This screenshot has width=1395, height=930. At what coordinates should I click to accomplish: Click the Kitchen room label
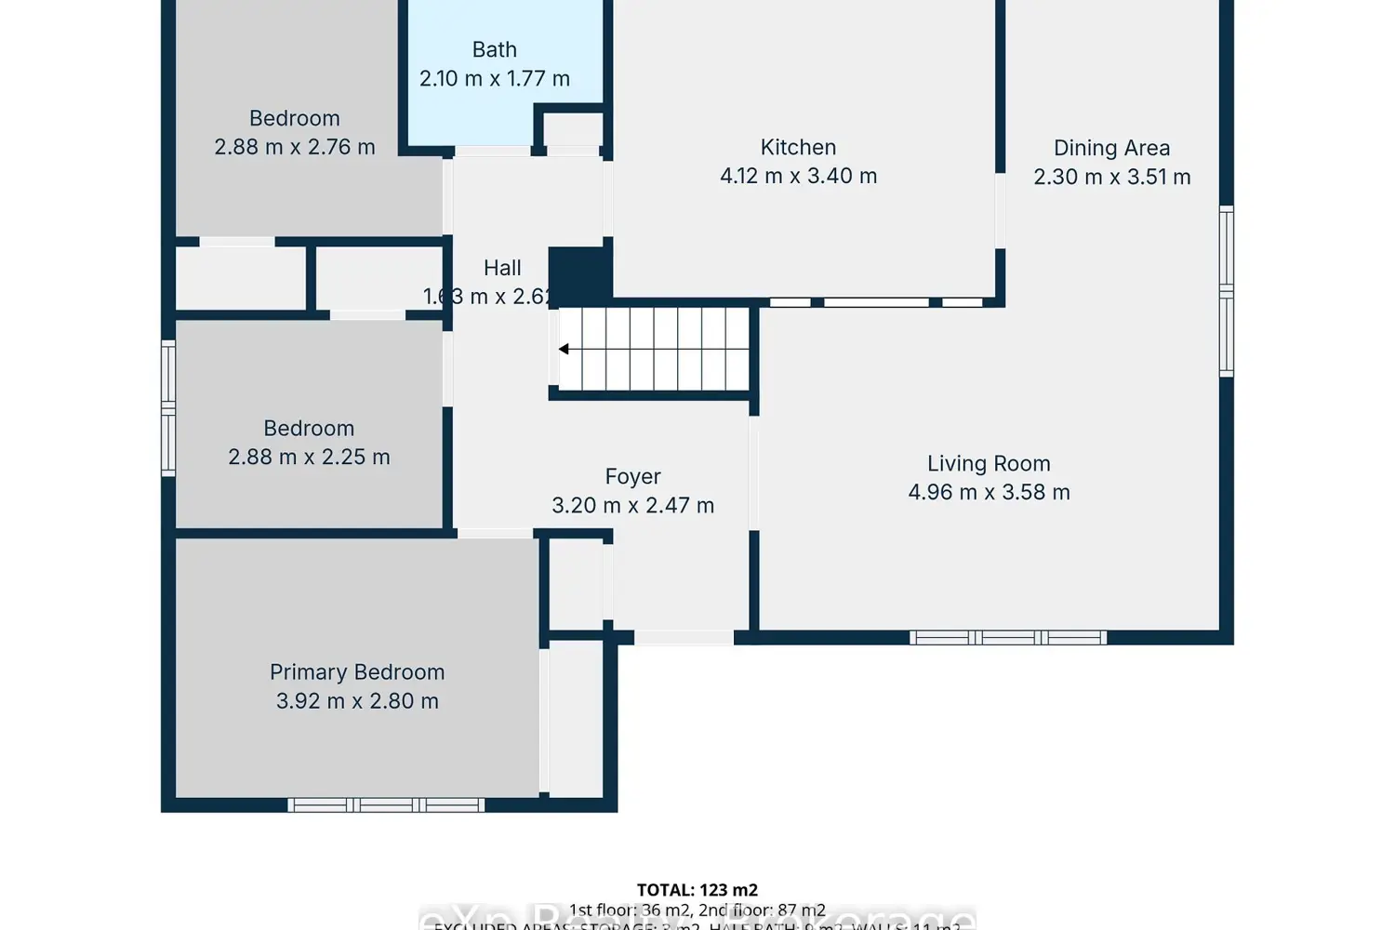click(x=798, y=147)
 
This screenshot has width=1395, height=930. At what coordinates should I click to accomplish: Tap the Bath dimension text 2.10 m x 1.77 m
click(x=494, y=79)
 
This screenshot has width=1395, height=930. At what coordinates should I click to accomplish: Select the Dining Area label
click(x=1111, y=148)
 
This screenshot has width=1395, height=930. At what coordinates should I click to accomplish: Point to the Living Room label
click(x=989, y=463)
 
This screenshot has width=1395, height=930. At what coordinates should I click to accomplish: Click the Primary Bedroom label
click(x=357, y=671)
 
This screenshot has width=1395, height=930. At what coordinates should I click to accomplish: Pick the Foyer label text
click(x=632, y=476)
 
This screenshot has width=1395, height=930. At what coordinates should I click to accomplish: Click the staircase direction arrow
click(x=564, y=349)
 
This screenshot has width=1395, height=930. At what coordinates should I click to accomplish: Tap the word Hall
click(x=502, y=268)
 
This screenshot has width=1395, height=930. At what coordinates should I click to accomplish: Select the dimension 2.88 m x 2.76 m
click(x=295, y=147)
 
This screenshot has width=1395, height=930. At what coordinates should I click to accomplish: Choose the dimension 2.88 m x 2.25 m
click(x=309, y=457)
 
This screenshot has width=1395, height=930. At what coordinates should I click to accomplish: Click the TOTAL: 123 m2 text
click(x=697, y=890)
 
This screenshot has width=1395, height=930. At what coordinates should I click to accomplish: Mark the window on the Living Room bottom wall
click(x=1008, y=637)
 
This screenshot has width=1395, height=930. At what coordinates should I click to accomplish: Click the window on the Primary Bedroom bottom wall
click(x=386, y=804)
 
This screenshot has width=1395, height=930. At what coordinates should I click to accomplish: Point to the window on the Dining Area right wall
click(x=1226, y=291)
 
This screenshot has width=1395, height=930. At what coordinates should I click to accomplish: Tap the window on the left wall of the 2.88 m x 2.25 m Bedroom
click(x=168, y=408)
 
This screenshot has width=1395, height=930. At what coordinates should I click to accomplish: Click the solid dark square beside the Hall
click(x=578, y=274)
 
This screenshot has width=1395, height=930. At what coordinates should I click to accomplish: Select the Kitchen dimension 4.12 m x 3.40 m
click(x=798, y=176)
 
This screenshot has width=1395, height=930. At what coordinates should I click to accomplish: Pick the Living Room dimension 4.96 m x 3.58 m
click(x=989, y=492)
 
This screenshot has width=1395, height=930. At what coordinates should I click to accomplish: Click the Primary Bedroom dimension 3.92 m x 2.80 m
click(x=357, y=701)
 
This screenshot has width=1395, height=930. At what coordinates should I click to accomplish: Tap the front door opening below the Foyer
click(x=684, y=637)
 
